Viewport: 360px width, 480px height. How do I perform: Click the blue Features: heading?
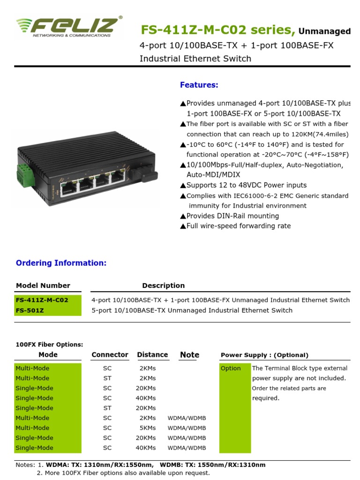199,85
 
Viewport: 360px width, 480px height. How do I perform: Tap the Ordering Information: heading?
61,263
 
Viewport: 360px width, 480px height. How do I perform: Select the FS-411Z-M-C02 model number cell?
42,300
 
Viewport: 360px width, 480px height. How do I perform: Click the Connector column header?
110,355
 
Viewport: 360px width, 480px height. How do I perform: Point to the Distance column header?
152,355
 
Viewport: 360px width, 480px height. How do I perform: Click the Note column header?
189,355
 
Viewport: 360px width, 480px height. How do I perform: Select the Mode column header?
48,355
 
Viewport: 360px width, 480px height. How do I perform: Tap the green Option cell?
231,368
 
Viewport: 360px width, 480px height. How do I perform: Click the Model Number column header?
43,285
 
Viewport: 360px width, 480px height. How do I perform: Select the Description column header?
163,285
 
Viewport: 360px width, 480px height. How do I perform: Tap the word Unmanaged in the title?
324,32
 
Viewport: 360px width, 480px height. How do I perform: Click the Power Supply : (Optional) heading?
264,355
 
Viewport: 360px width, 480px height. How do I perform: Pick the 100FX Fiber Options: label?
49,345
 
